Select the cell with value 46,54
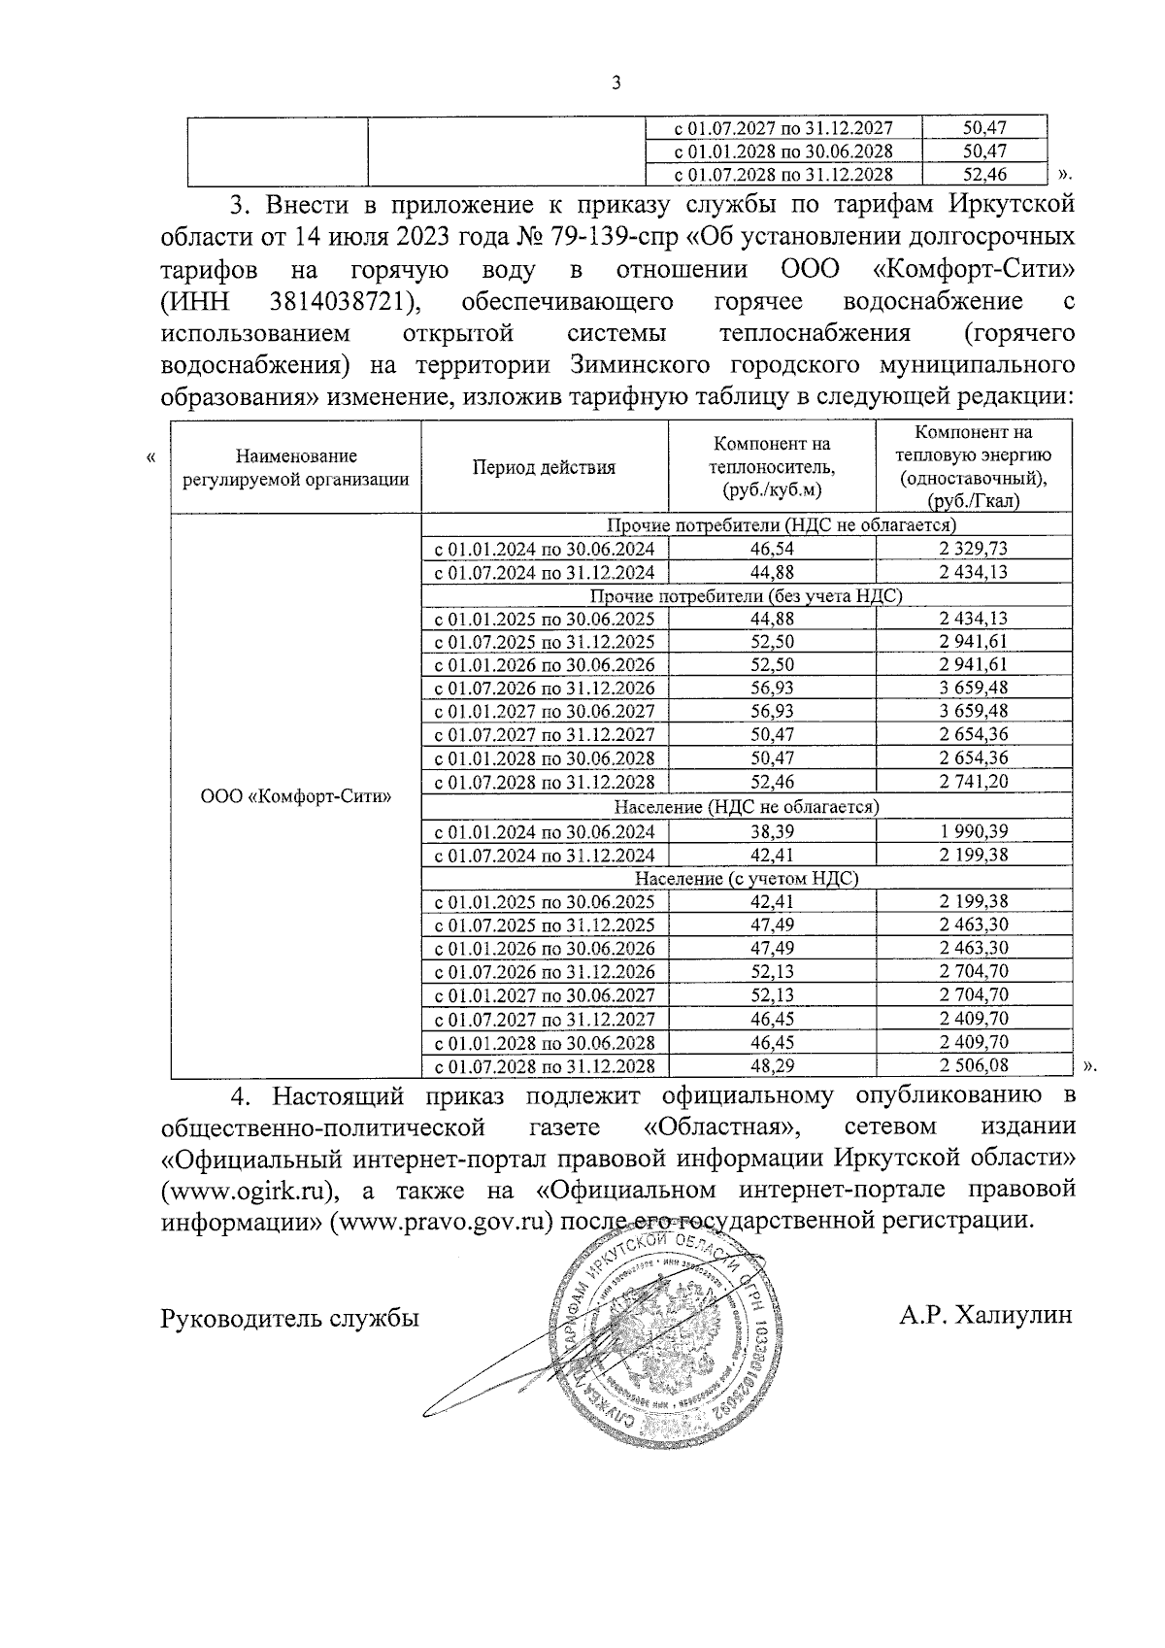click(772, 549)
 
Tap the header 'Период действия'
click(544, 467)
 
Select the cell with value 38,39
click(772, 831)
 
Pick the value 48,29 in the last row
click(772, 1065)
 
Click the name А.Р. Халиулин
click(985, 1316)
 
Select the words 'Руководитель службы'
click(290, 1318)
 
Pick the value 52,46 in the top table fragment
click(983, 175)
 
